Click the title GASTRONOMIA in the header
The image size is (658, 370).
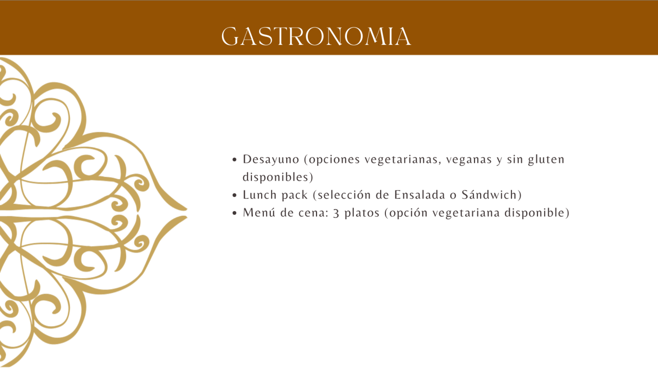coord(316,37)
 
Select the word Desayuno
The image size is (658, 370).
coord(271,159)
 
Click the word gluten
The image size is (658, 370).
coord(546,160)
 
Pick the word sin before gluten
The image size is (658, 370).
coord(515,159)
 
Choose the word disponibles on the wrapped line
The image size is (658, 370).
coord(275,177)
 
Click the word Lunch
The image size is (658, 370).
coord(260,195)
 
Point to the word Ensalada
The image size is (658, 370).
coord(420,195)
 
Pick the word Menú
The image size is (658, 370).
coord(259,212)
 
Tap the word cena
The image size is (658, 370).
coord(312,213)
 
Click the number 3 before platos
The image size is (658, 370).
coord(336,213)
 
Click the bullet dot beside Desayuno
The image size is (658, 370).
coord(234,160)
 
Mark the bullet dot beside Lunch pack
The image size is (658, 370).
coord(234,195)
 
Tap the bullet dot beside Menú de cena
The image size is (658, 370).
coord(234,213)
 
